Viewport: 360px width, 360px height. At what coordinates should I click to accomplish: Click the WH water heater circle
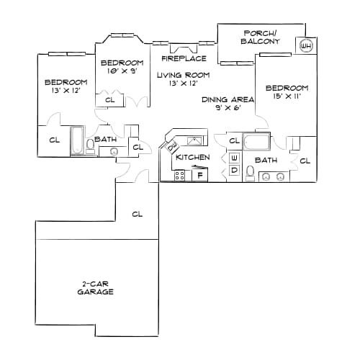[x=306, y=45]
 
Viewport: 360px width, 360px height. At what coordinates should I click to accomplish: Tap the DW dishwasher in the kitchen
[x=172, y=147]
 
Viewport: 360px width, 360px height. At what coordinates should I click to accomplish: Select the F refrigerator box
[x=199, y=175]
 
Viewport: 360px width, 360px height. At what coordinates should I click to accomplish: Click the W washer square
[x=234, y=158]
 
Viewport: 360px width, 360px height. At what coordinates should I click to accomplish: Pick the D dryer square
[x=234, y=170]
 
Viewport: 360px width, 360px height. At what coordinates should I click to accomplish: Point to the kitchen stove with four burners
[x=179, y=175]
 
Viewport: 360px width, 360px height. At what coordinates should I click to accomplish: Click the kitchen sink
[x=195, y=140]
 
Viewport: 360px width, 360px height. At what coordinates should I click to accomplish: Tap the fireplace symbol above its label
[x=184, y=48]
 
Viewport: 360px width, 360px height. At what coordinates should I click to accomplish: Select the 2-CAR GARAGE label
[x=95, y=288]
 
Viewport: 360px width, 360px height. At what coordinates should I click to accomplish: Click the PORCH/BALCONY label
[x=261, y=37]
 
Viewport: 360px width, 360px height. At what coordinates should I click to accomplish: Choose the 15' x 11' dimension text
[x=287, y=96]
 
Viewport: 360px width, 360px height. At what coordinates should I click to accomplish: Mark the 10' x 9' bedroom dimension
[x=122, y=71]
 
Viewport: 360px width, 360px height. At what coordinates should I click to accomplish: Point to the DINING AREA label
[x=228, y=99]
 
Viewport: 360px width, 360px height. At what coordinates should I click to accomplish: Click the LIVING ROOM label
[x=183, y=75]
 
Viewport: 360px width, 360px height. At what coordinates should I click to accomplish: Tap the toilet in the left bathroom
[x=90, y=146]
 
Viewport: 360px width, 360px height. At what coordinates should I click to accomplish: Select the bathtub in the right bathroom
[x=256, y=141]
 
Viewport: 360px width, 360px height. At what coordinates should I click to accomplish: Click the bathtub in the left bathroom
[x=77, y=140]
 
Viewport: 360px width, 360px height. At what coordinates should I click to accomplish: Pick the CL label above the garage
[x=138, y=214]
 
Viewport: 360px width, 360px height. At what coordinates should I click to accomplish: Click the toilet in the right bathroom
[x=250, y=174]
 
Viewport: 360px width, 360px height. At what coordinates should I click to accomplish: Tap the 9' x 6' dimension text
[x=228, y=108]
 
